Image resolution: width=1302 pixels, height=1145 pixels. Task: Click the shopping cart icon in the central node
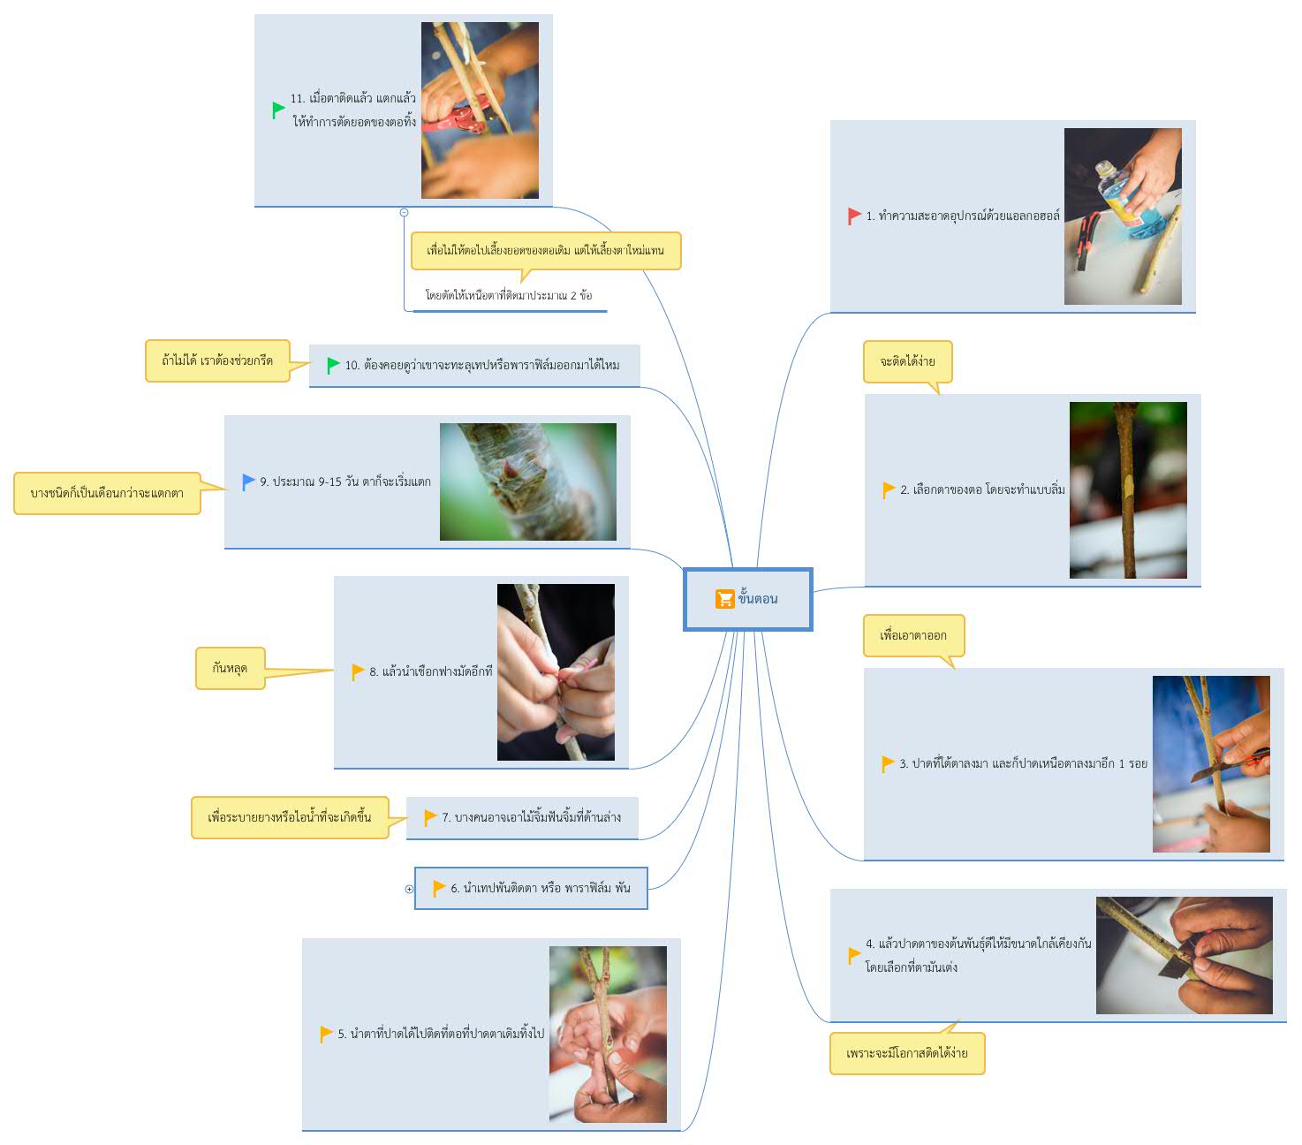point(724,598)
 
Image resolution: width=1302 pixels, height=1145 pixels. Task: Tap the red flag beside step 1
point(853,216)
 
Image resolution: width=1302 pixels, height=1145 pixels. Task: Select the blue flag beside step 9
point(248,482)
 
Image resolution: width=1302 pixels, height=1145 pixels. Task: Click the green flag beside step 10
point(333,365)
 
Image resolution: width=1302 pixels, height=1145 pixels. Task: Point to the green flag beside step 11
point(278,110)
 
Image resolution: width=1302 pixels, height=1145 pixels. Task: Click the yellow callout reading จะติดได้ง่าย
point(907,362)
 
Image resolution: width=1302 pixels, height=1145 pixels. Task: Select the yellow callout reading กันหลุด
point(230,668)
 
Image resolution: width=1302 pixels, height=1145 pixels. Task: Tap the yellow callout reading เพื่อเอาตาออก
point(912,636)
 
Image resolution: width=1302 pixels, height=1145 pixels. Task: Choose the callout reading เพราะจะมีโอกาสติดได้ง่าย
point(907,1052)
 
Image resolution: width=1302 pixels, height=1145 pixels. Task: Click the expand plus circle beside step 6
point(409,889)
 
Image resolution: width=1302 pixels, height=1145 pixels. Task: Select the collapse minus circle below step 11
point(404,212)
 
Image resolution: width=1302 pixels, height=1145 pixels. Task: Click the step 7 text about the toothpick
point(531,817)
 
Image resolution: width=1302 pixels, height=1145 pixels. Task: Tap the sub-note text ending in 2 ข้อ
point(508,295)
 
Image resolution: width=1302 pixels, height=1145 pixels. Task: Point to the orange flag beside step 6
point(439,889)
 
